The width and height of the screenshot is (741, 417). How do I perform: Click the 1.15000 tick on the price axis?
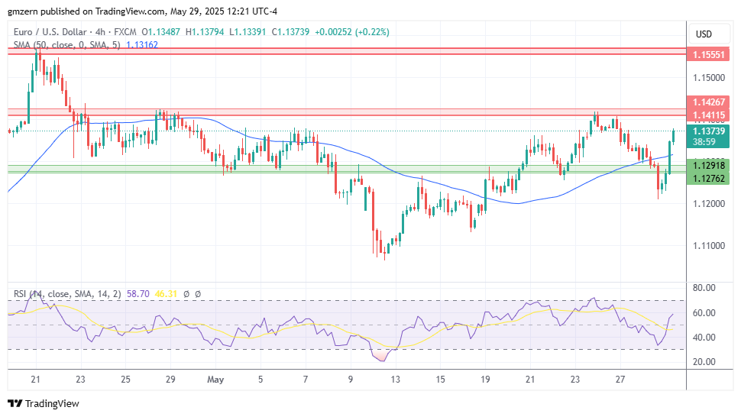708,77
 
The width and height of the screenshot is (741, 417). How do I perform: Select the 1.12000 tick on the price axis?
708,203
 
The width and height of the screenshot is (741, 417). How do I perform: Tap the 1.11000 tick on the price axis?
708,245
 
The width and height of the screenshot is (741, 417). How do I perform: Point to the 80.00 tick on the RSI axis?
704,288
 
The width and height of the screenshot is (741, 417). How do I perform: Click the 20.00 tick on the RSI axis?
704,361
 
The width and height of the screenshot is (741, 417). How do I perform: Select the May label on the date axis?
215,379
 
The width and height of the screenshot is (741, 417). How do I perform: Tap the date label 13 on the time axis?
395,379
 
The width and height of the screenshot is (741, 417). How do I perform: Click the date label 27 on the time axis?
620,379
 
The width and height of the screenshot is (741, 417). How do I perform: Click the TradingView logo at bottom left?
44,403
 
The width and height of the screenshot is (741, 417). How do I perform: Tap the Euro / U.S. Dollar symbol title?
57,32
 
